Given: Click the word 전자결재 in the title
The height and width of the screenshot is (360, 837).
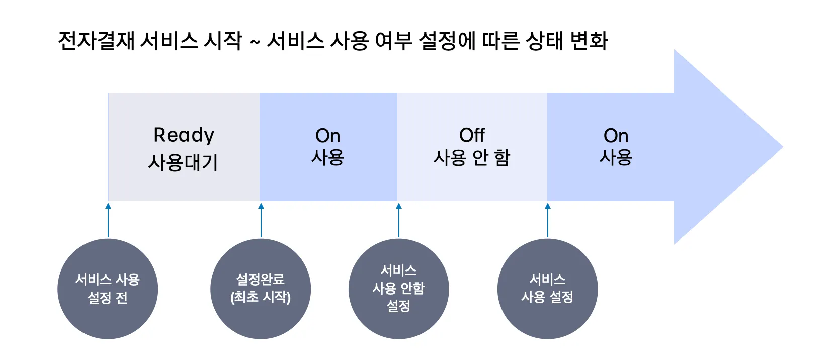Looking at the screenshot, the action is click(x=97, y=40).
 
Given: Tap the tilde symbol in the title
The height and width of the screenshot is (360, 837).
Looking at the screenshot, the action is click(x=255, y=41).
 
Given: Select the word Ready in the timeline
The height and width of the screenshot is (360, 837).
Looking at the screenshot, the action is click(x=184, y=135).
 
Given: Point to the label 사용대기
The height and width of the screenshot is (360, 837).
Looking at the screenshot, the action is click(x=183, y=163).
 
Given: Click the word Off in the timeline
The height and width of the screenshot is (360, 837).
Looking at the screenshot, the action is click(x=472, y=135).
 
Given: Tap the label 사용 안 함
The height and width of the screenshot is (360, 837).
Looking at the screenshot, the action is click(x=471, y=157).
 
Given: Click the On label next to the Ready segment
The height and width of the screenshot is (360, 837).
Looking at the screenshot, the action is click(x=327, y=136).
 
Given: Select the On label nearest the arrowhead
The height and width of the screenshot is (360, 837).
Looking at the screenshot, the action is click(x=616, y=136).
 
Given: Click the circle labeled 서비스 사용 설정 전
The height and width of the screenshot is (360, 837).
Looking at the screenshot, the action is click(x=108, y=289).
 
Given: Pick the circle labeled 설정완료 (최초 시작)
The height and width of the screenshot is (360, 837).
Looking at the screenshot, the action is click(x=261, y=289).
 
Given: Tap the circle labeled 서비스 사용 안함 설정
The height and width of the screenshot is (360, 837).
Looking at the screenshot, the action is click(x=399, y=289).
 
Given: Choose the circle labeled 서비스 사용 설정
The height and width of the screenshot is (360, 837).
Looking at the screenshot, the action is click(x=547, y=289).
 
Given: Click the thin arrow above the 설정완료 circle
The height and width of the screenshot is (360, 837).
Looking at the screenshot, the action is click(x=261, y=220).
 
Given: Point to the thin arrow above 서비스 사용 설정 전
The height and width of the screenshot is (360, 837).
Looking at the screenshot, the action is click(x=108, y=220).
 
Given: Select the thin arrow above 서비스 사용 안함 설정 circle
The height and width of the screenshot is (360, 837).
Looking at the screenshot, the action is click(x=399, y=220).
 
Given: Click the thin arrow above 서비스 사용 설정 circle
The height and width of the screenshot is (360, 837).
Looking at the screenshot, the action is click(x=548, y=220).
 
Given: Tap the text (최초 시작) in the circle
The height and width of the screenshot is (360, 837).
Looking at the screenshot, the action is click(x=261, y=297).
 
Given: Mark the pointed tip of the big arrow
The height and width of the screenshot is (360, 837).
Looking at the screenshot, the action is click(x=783, y=147).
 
